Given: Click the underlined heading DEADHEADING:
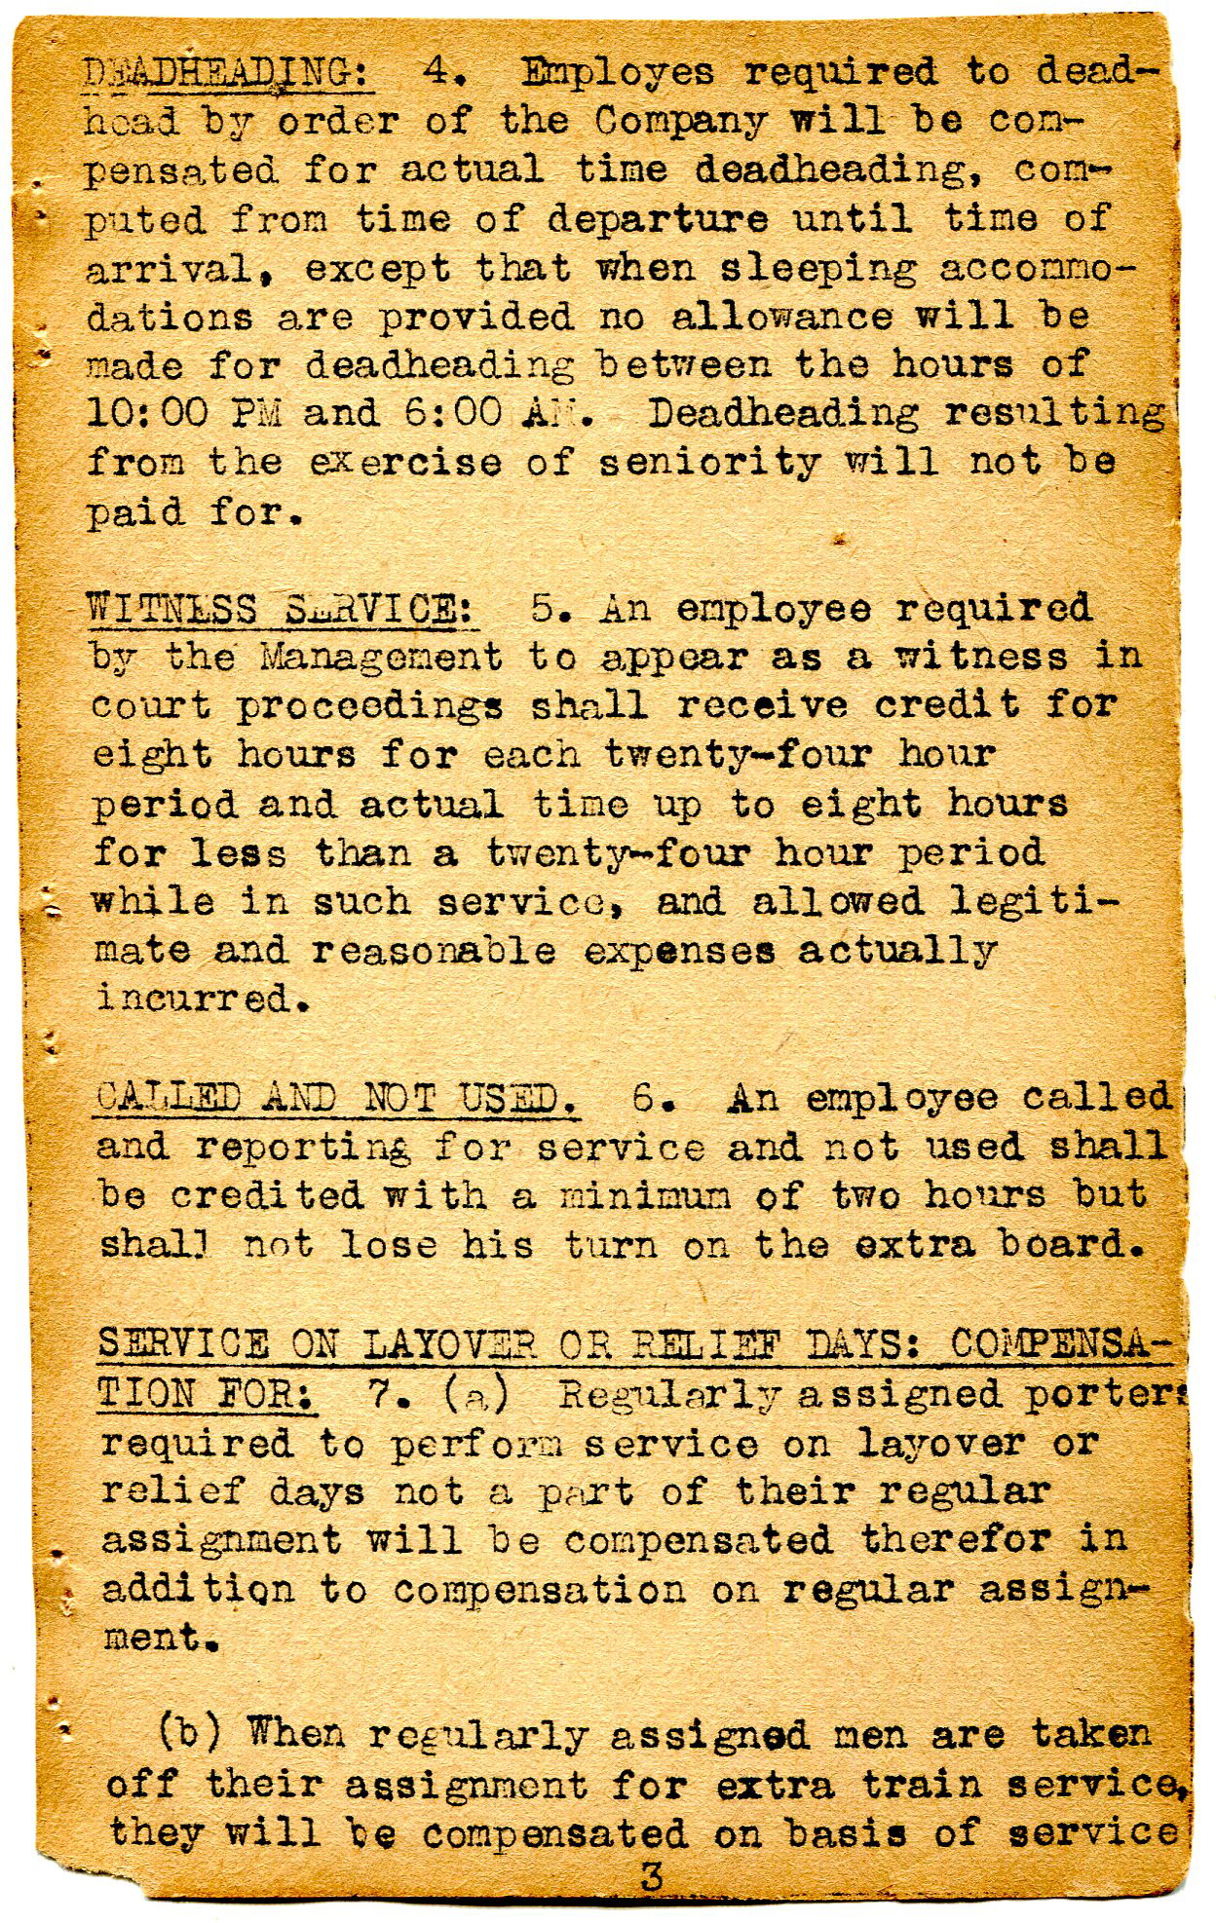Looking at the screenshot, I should point(229,73).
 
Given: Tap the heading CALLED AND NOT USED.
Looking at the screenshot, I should point(338,1100).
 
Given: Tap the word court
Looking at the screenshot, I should point(151,707).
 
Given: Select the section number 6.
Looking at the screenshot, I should point(647,1100).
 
